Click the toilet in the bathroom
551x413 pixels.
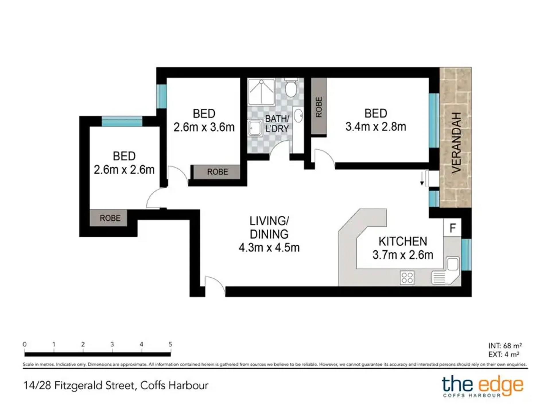click(x=291, y=87)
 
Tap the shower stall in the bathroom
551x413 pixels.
click(x=261, y=92)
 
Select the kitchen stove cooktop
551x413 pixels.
click(x=407, y=278)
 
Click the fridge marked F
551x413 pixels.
click(x=453, y=228)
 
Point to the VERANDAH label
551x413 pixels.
click(x=456, y=143)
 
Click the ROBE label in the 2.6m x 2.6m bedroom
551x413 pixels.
click(x=110, y=218)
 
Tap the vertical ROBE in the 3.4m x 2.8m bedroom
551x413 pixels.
click(x=319, y=107)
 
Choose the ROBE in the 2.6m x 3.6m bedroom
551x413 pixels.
click(x=218, y=172)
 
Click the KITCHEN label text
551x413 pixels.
click(x=403, y=241)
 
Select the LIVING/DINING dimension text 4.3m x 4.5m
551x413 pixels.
click(x=269, y=248)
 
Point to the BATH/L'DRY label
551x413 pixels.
click(x=277, y=124)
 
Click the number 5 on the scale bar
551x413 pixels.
click(x=170, y=344)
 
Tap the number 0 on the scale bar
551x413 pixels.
click(x=25, y=344)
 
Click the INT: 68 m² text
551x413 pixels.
click(x=505, y=346)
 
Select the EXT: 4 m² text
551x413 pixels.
click(x=504, y=354)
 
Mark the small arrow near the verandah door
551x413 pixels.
click(x=422, y=179)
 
